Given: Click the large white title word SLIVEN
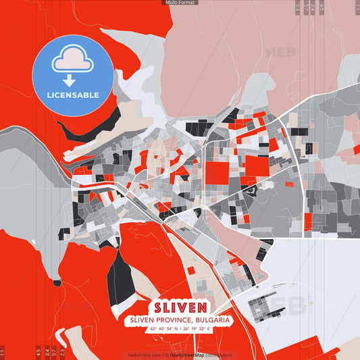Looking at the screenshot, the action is point(180,305).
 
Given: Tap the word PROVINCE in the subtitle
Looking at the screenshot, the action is point(176,319).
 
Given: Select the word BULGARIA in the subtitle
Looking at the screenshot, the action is point(212,319).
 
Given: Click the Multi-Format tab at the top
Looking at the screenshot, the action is point(180,3).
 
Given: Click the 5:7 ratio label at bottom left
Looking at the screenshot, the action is point(54,352).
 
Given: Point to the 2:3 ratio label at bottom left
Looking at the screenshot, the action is point(62,352).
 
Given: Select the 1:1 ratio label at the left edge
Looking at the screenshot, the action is point(3,352).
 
